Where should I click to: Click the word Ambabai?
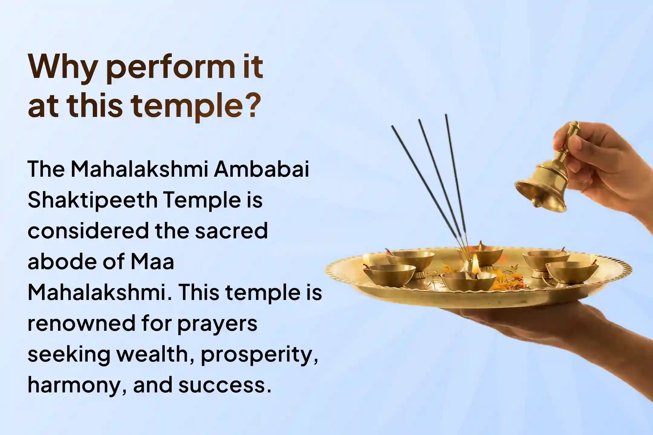click(x=262, y=169)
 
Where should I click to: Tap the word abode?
click(x=60, y=262)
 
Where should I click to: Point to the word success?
click(x=223, y=385)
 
